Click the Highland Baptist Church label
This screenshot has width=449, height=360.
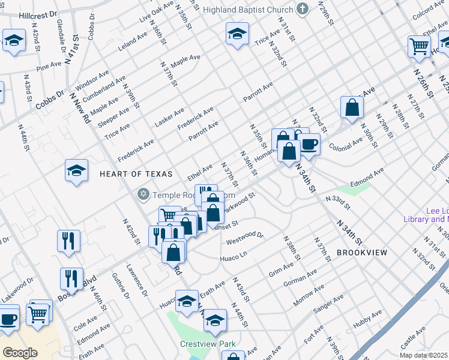coord(247,10)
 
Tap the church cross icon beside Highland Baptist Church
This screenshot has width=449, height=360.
coord(303,9)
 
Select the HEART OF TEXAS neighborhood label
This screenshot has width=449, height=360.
coord(136,174)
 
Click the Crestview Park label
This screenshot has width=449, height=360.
coord(208,344)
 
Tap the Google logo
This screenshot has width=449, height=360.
coord(20,353)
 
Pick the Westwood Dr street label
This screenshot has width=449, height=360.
coord(245,238)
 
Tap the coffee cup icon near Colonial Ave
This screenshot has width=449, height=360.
coord(309,144)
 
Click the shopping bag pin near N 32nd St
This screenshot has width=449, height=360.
coord(352,107)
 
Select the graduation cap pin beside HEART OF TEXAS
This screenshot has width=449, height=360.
coord(77,170)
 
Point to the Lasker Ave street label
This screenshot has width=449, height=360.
coord(169,118)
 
